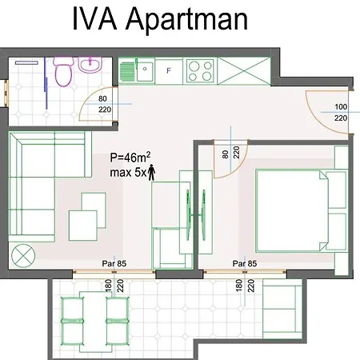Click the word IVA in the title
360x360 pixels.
pos(94,18)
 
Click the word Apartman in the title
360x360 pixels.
pos(186,20)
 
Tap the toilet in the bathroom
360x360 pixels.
pos(63,72)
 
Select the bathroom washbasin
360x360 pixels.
pos(90,65)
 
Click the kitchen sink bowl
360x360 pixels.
pos(145,71)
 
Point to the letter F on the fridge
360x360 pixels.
pos(169,70)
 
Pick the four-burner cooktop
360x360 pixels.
pos(200,70)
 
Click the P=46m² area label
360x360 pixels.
pos(130,157)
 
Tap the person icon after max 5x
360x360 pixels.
pos(152,172)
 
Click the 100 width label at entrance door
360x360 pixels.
pos(341,107)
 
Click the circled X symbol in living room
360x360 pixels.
pos(23,256)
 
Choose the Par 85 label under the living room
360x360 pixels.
pos(114,264)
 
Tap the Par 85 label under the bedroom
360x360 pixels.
pos(245,264)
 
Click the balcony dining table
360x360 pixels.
pos(95,322)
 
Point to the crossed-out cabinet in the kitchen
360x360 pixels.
pos(244,71)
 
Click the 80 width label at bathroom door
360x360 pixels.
pos(102,98)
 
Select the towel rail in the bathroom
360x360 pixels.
pos(26,63)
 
